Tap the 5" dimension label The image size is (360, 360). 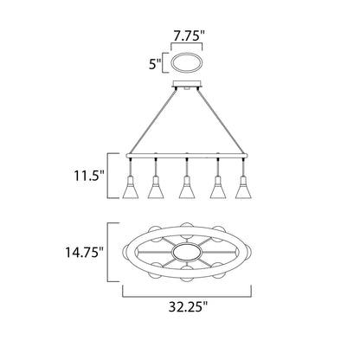[x=153, y=63]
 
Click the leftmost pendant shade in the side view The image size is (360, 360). [x=130, y=187]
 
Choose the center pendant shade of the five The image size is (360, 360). [x=184, y=187]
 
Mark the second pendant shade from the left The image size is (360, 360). [x=157, y=187]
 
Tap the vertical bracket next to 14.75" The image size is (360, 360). [x=110, y=253]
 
